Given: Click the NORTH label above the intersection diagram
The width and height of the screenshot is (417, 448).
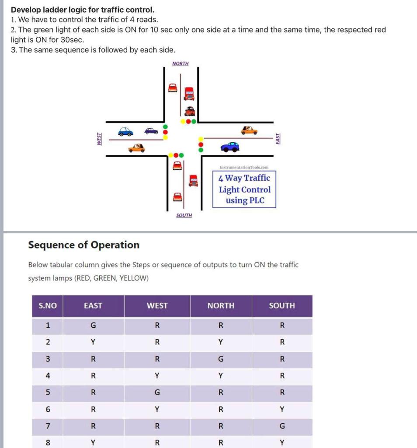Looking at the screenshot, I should tap(181, 64).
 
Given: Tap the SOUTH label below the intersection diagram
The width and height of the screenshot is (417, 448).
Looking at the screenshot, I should tap(184, 215).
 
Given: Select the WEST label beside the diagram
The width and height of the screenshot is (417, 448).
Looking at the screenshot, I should tap(99, 139).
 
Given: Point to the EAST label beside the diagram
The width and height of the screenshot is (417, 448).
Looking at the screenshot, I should tap(278, 139).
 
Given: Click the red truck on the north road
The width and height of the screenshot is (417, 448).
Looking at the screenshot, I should tap(189, 93).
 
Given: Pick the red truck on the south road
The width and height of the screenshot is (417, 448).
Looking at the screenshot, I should tap(193, 180).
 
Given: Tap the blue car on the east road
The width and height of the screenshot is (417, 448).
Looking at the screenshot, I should tap(230, 147).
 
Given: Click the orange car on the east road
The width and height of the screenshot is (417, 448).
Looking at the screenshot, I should tap(249, 130).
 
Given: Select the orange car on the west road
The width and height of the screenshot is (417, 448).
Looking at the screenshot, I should tap(136, 148).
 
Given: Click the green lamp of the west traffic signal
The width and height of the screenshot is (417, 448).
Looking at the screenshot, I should tap(165, 127).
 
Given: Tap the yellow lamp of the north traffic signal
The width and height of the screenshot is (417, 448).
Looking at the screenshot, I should tap(183, 121).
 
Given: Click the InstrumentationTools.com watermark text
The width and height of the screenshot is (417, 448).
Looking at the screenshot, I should tap(244, 167).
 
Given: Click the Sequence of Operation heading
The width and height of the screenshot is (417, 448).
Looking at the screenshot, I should tap(84, 245).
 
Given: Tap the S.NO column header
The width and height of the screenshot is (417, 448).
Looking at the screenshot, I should tap(48, 306).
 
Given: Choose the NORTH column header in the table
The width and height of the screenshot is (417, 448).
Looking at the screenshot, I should tap(221, 306).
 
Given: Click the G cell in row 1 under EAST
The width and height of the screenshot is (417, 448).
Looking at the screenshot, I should tap(93, 325).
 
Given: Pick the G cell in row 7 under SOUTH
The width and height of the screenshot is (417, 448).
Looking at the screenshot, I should tap(282, 426).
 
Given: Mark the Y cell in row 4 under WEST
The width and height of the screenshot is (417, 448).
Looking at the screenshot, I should tap(157, 375).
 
